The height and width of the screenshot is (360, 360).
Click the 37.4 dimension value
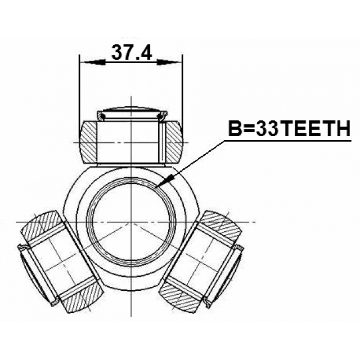[x=132, y=52]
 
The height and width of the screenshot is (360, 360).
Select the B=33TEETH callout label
[x=289, y=129]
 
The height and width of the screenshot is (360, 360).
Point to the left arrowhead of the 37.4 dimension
[x=94, y=62]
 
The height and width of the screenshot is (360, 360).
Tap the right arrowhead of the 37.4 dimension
[x=168, y=62]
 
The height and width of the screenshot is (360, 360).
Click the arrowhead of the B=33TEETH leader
[x=165, y=181]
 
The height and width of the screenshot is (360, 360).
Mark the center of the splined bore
[x=131, y=222]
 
